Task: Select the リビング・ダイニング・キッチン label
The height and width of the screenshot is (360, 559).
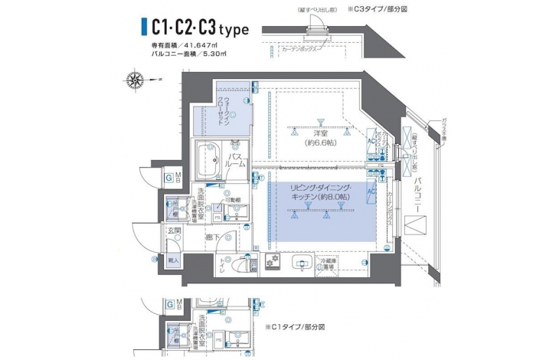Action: tap(322, 193)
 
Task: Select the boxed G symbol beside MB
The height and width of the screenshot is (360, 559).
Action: tap(167, 178)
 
